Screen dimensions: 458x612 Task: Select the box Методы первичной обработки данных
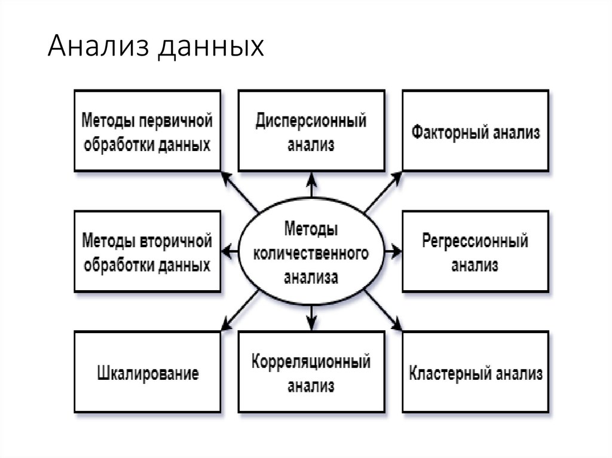coord(147,131)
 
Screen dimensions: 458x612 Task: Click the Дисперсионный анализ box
coord(311,131)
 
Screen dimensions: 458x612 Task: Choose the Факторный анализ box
coord(475,131)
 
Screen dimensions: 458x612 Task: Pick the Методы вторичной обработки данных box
coord(147,251)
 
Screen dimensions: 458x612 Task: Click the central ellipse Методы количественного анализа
coord(311,251)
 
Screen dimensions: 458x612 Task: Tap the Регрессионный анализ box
coord(475,251)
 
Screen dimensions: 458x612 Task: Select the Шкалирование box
coord(147,372)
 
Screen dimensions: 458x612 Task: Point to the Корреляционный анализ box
coord(311,372)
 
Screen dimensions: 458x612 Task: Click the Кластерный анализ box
coord(475,372)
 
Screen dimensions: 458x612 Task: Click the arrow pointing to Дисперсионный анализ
coord(311,185)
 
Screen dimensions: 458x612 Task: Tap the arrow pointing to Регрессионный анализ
coord(392,251)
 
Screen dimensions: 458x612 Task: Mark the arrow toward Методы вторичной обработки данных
coord(230,251)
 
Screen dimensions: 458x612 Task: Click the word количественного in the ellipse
coord(311,253)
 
